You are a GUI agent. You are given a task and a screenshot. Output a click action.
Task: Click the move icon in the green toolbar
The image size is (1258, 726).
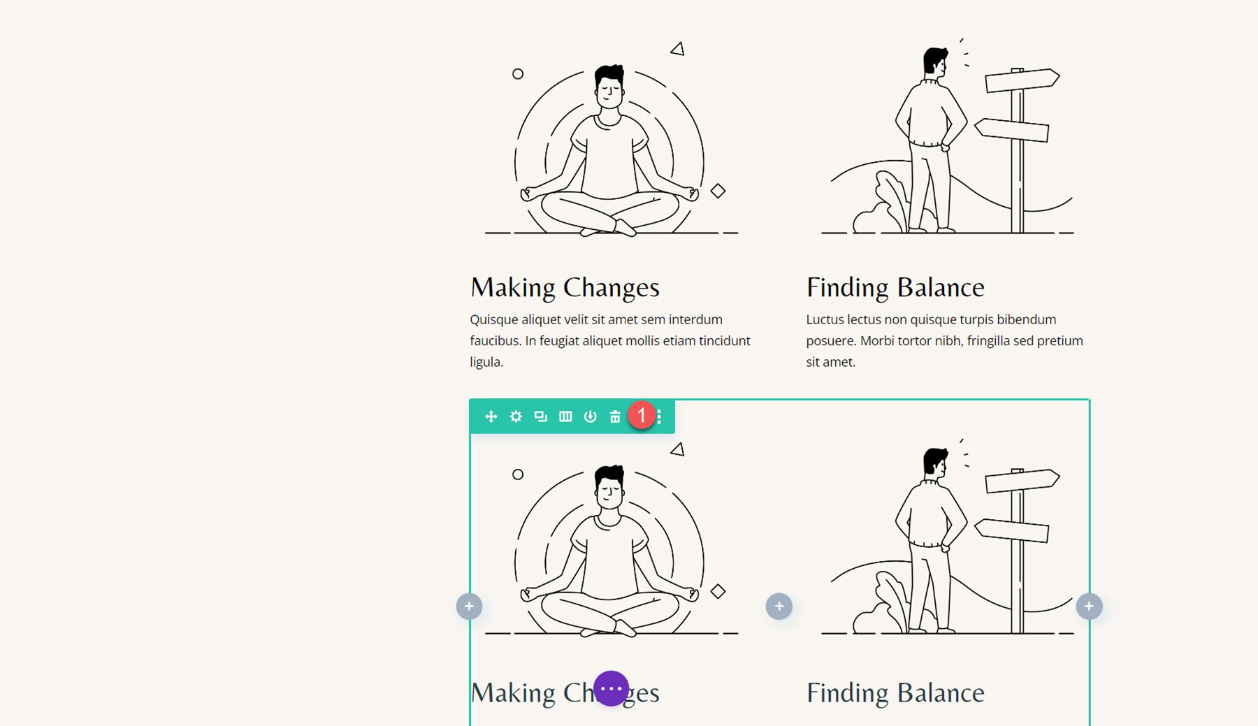[491, 416]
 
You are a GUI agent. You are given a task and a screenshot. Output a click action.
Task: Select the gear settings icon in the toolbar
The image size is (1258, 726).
[516, 416]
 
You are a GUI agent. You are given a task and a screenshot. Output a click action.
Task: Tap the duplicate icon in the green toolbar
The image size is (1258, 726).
[540, 416]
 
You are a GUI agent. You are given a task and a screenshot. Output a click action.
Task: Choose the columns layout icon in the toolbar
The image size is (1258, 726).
[565, 416]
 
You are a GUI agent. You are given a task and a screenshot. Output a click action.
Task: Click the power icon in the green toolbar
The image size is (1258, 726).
[591, 416]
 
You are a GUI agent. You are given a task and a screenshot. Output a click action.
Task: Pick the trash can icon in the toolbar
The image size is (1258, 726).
[615, 416]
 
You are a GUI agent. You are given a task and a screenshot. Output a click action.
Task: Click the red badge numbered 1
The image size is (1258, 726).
[642, 415]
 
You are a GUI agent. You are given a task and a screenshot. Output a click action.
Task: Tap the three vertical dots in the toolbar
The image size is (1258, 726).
[659, 416]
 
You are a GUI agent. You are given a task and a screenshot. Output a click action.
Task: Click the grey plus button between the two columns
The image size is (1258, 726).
[779, 607]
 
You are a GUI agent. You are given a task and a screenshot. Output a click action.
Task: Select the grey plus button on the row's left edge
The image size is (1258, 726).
[469, 607]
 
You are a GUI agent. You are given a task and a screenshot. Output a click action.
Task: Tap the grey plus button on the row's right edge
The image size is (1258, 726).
[1089, 607]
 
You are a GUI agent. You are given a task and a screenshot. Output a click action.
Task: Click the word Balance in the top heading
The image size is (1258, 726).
[941, 287]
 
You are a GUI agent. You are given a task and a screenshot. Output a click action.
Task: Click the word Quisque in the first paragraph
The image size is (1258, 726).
[493, 320]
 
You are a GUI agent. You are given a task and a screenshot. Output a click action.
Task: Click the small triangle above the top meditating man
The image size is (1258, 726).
[677, 49]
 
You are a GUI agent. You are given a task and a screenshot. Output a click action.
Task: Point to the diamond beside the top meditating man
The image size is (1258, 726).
[718, 191]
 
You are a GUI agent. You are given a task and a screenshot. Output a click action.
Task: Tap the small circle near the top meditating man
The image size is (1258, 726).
[518, 74]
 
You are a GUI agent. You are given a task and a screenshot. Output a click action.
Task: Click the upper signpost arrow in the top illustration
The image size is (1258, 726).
[1022, 80]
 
